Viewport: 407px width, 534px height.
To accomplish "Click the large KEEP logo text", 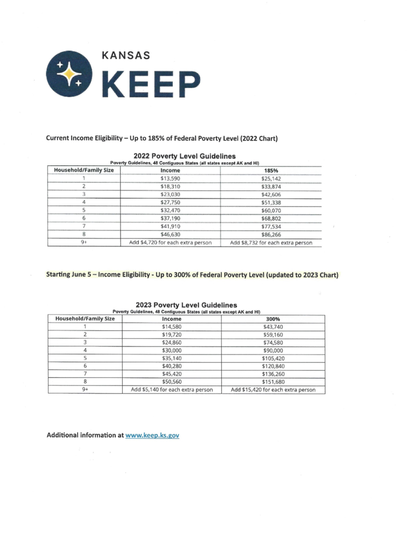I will coord(150,85).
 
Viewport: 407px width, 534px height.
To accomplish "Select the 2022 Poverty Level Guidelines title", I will coord(185,156).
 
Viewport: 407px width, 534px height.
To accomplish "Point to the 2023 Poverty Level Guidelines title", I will coord(186,305).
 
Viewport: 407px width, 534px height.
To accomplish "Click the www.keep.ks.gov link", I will coord(152,435).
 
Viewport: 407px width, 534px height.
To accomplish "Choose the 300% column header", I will coord(273,319).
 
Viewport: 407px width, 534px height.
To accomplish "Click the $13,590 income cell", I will coord(171,178).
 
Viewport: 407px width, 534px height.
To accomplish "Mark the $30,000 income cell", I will coord(172,351).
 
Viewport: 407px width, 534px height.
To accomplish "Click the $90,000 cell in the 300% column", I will coord(273,351).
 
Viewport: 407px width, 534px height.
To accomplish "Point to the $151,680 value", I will coord(273,381).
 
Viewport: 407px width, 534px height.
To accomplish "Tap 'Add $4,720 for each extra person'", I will coord(170,242).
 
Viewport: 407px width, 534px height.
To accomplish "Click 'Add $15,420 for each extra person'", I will coord(273,390).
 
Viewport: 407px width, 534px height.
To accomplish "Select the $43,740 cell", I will coord(273,326).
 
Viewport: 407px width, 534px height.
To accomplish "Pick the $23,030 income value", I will coord(171,194).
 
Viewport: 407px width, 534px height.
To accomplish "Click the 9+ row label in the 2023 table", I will coord(84,390).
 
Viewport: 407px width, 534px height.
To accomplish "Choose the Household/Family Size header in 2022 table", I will coord(84,170).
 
